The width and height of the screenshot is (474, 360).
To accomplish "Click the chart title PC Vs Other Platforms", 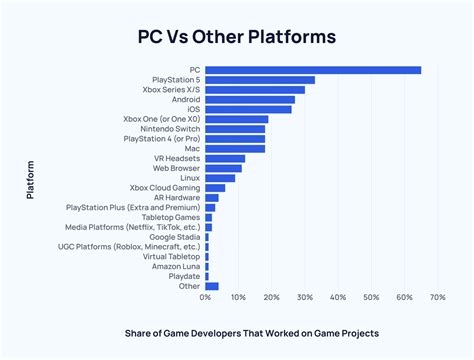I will (237, 37).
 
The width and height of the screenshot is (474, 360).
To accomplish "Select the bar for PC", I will (313, 70).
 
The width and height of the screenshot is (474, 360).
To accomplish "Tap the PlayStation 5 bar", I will (260, 80).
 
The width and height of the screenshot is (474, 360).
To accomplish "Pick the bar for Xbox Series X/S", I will (255, 90).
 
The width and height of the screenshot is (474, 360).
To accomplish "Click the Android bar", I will (250, 100).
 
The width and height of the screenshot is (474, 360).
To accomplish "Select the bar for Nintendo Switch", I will (235, 129).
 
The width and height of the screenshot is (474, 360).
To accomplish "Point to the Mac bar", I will (235, 148).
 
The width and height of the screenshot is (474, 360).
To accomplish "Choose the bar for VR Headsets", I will (225, 158).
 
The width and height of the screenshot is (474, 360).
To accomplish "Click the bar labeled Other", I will (212, 286).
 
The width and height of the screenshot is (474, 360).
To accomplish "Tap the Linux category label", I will (189, 178).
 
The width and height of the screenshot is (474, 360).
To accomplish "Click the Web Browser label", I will (176, 168).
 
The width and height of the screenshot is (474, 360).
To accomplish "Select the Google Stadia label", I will (175, 236).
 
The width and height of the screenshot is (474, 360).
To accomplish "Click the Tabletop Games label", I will (172, 217).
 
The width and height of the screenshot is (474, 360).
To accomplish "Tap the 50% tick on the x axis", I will (371, 298).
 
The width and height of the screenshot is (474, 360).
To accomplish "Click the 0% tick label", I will (206, 298).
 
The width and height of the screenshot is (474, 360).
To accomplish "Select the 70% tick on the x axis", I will (437, 298).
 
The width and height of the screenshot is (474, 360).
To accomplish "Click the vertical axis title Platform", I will (31, 178).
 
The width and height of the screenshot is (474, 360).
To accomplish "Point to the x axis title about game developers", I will (272, 333).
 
